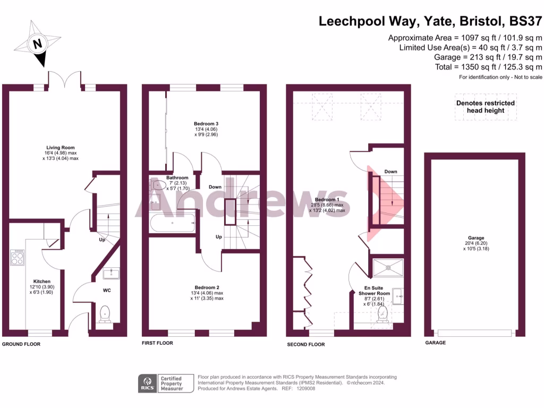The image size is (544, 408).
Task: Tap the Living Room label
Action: (x=60, y=148)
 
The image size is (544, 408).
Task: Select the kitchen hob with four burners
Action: (x=17, y=257)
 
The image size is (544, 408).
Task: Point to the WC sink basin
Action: (x=110, y=274)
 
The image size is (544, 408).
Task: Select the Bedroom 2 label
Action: (x=207, y=287)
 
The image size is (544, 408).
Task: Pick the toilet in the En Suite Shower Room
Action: (x=381, y=314)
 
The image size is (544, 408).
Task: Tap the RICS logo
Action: (x=147, y=382)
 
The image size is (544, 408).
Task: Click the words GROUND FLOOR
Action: (x=21, y=344)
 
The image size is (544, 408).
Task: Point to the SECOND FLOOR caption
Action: (x=305, y=344)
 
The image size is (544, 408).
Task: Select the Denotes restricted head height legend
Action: (x=486, y=107)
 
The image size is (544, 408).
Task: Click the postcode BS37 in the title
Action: (x=525, y=22)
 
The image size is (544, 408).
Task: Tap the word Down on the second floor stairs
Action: (x=390, y=172)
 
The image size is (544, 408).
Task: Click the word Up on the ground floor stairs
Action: (x=101, y=240)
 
